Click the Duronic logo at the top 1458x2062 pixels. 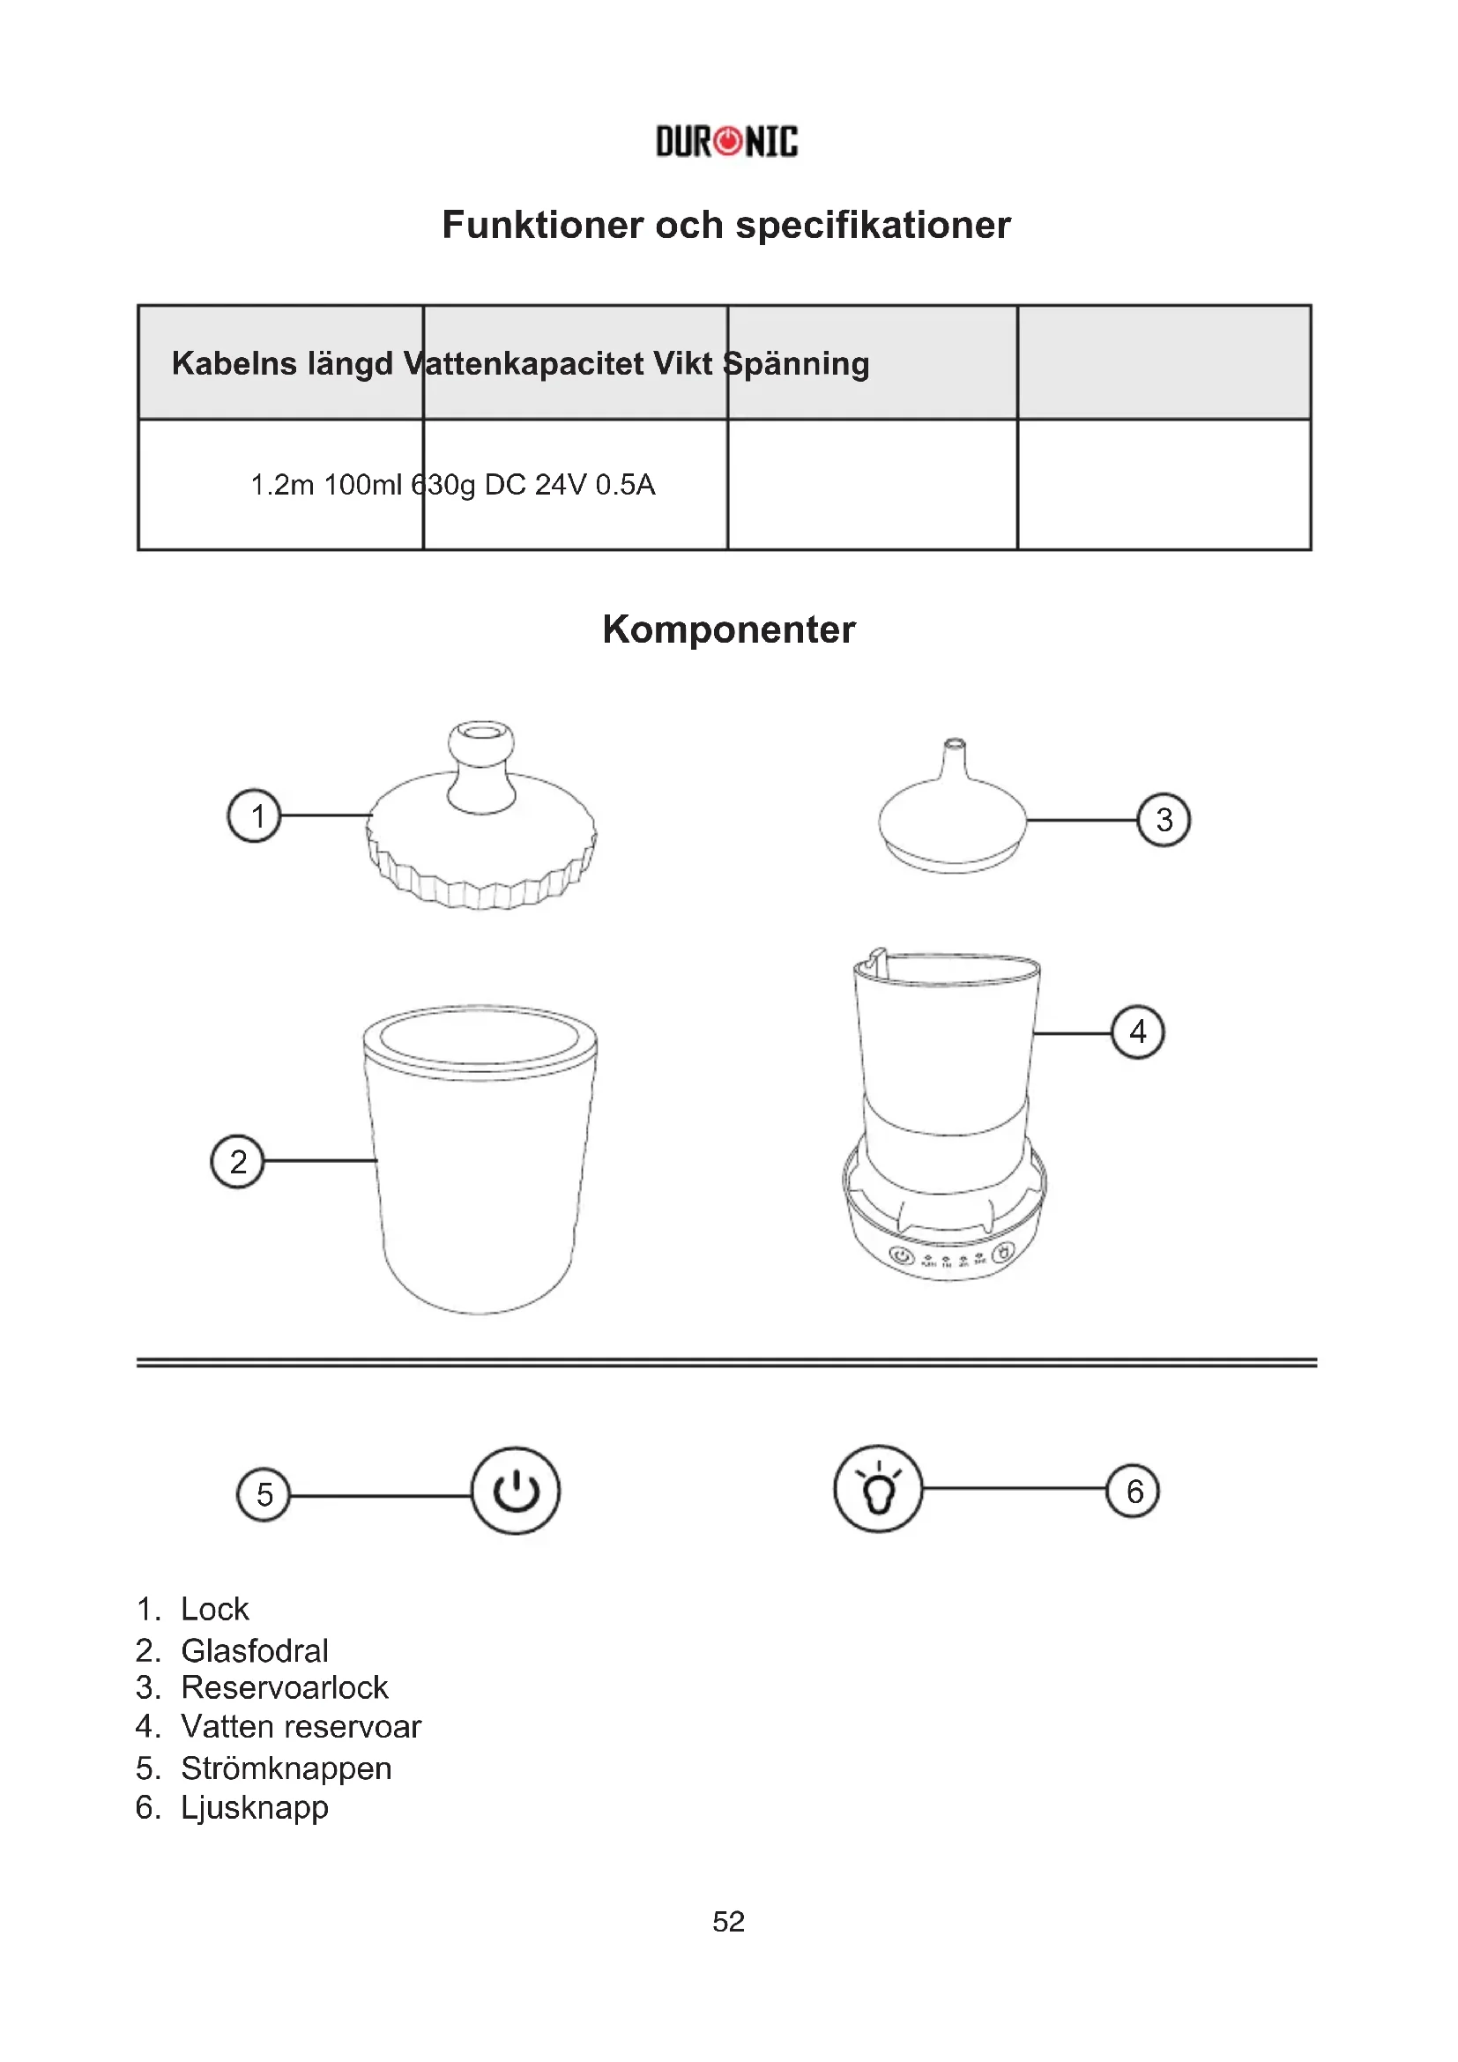pyautogui.click(x=726, y=142)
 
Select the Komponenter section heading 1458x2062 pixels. pyautogui.click(x=728, y=629)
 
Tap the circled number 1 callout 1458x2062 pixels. pyautogui.click(x=254, y=815)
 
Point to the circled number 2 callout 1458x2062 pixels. pyautogui.click(x=237, y=1161)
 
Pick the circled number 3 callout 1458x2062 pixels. pyautogui.click(x=1164, y=819)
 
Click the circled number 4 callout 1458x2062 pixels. pyautogui.click(x=1137, y=1032)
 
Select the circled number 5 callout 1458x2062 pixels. pyautogui.click(x=263, y=1494)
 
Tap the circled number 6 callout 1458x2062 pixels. pyautogui.click(x=1133, y=1491)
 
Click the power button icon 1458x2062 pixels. pyautogui.click(x=516, y=1491)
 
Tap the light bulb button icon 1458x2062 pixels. pyautogui.click(x=878, y=1489)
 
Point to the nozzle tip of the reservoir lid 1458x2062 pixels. pyautogui.click(x=954, y=746)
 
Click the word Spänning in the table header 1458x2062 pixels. pyautogui.click(x=796, y=364)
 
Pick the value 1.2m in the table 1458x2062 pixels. pyautogui.click(x=281, y=485)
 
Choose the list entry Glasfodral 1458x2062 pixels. pyautogui.click(x=254, y=1650)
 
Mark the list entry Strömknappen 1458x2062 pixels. pyautogui.click(x=286, y=1768)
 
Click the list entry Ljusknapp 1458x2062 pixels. pyautogui.click(x=254, y=1807)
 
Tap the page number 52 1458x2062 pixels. pyautogui.click(x=728, y=1922)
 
